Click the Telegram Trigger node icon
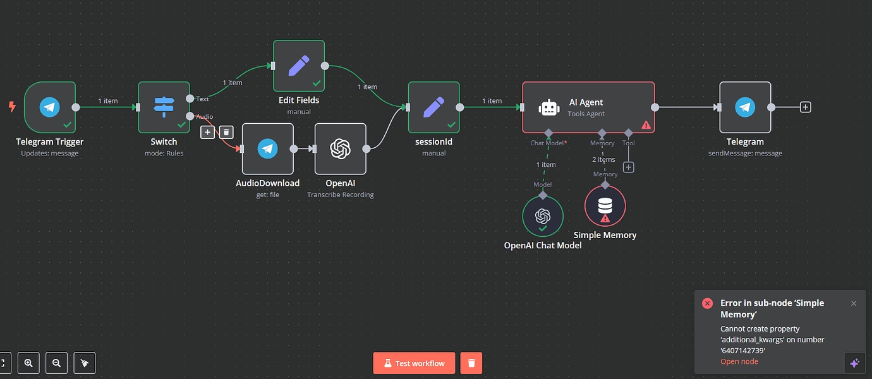(x=50, y=107)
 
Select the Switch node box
(x=164, y=107)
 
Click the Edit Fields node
(x=299, y=66)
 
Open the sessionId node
(x=433, y=107)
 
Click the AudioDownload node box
(x=267, y=148)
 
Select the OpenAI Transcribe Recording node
(x=340, y=148)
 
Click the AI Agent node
(x=588, y=107)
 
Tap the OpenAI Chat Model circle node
(x=543, y=216)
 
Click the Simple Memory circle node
(x=605, y=206)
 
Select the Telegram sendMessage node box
(x=745, y=107)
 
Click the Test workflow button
(x=414, y=363)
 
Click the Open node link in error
(x=739, y=361)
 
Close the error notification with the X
(x=854, y=303)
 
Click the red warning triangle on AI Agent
(x=646, y=125)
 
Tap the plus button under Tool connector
(x=628, y=167)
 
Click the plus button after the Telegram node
(x=805, y=107)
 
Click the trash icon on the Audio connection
(x=227, y=132)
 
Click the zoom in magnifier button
(x=28, y=363)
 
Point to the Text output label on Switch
(x=202, y=99)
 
